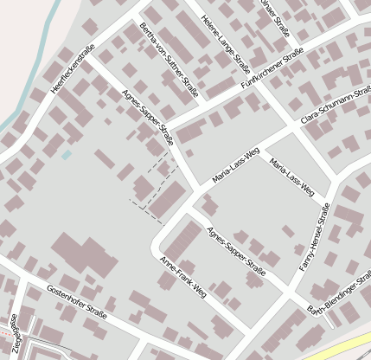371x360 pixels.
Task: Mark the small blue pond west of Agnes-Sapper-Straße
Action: [x=66, y=155]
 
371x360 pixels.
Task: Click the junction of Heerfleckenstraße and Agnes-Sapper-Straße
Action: [x=88, y=61]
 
